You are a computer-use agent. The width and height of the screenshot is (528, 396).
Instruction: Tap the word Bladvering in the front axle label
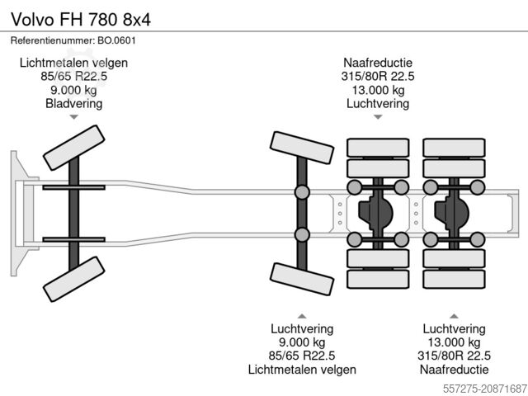tap(74, 104)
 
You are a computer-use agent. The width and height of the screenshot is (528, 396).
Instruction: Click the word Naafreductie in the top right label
tap(379, 63)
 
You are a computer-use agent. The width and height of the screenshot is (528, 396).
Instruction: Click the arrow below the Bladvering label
tap(74, 117)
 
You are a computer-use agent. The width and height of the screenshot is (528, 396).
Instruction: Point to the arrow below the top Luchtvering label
tap(379, 117)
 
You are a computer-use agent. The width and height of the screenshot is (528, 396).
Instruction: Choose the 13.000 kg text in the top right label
tap(379, 91)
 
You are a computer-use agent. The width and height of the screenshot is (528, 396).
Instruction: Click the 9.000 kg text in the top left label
tap(74, 91)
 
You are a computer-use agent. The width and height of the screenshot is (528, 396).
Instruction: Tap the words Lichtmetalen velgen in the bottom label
tap(302, 369)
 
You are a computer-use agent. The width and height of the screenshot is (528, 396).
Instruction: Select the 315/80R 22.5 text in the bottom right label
tap(453, 356)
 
